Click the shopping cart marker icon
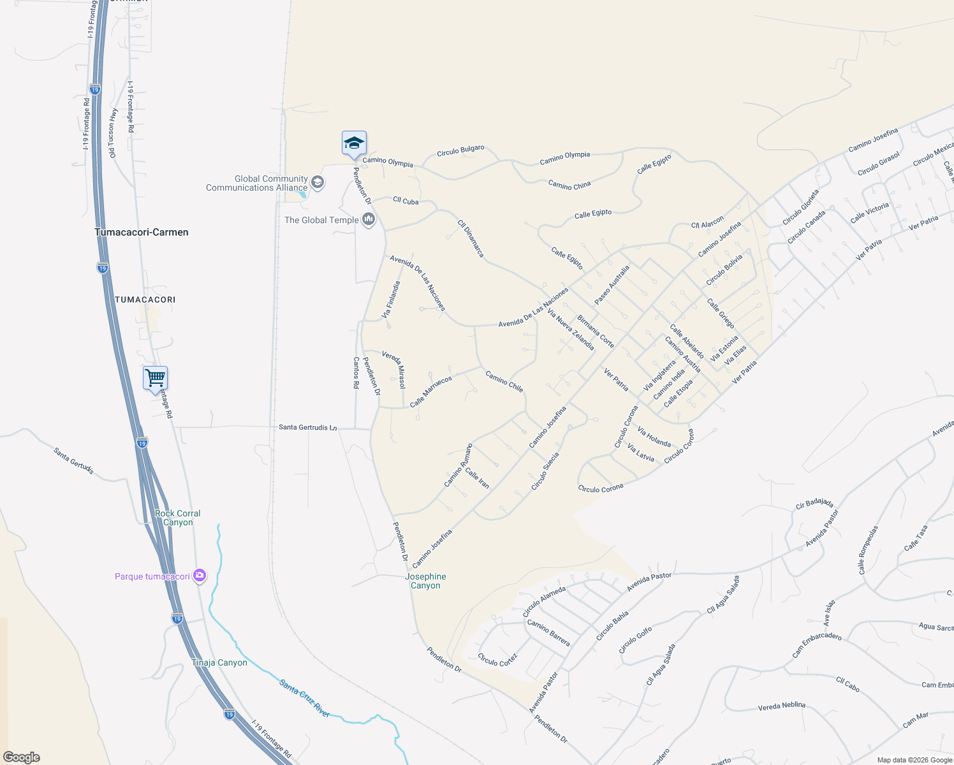point(156,379)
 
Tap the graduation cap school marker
point(354,144)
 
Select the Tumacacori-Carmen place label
point(142,232)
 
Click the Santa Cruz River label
point(304,699)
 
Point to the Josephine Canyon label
point(425,581)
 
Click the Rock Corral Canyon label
point(177,518)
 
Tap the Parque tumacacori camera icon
point(200,576)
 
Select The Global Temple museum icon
point(368,220)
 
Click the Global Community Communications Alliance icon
point(318,183)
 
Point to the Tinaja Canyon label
point(219,662)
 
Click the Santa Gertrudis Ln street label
point(307,427)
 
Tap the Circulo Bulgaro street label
point(460,150)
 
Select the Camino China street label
point(569,185)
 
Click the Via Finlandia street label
point(391,300)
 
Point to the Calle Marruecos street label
point(431,391)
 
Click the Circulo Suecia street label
point(545,471)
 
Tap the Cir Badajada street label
point(814,504)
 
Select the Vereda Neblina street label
point(781,706)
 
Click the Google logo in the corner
point(22,757)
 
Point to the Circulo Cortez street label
point(497,660)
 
